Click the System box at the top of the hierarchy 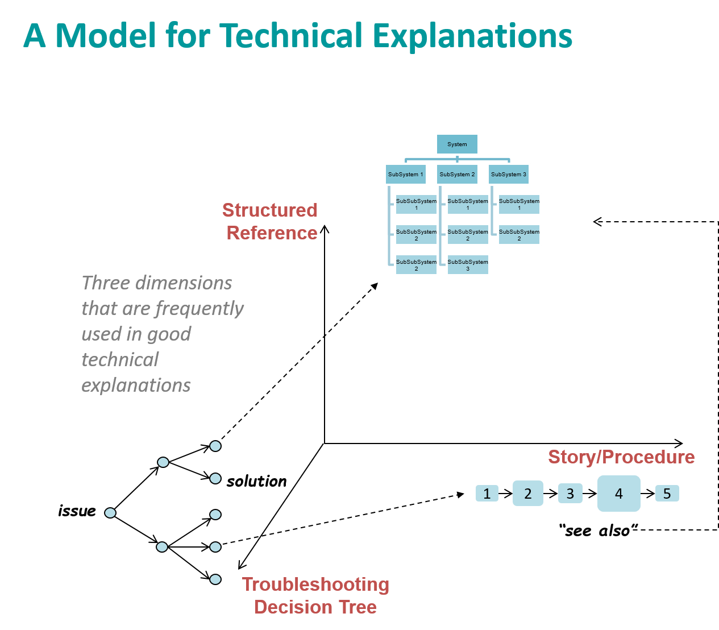[457, 144]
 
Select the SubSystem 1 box [405, 175]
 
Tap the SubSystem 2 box [457, 175]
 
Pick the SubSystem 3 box [509, 175]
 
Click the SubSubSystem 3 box [468, 265]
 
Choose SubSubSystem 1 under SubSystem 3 [519, 205]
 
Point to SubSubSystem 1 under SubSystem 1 [416, 205]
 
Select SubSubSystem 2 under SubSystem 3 [519, 235]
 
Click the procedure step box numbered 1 [487, 494]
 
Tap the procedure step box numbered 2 [528, 494]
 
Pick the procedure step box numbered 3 [570, 494]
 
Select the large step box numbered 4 [619, 494]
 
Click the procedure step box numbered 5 [667, 494]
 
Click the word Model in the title [105, 36]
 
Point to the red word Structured [269, 210]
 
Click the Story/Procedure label [621, 457]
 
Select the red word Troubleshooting [315, 585]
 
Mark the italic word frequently [198, 308]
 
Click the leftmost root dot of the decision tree [110, 513]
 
